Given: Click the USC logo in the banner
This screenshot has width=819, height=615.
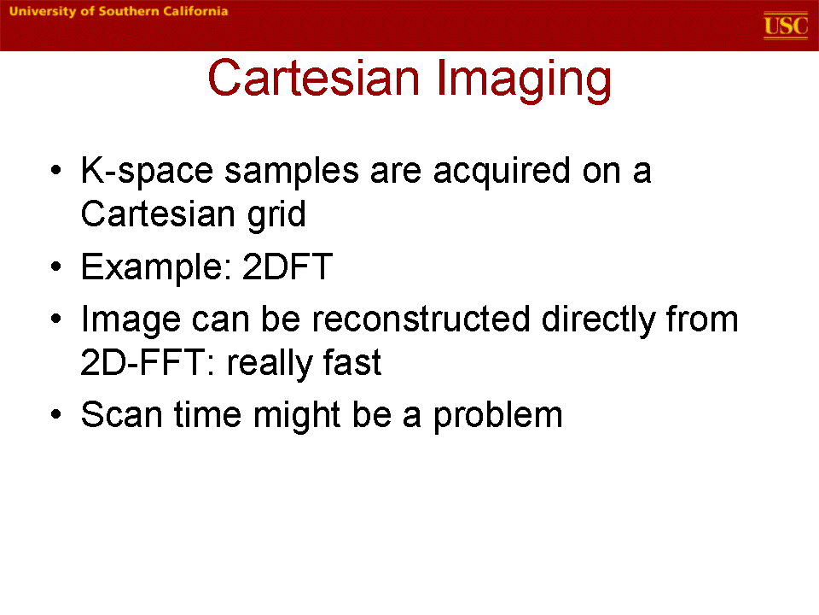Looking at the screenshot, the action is point(786,26).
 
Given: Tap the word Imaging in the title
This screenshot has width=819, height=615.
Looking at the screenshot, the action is point(524,80).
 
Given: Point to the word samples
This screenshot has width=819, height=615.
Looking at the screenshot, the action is point(292,171).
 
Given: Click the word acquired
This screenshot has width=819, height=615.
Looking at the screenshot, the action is point(502,171).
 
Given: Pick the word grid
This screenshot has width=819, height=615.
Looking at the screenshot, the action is point(276,214).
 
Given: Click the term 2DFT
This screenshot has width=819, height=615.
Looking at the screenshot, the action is point(288,266).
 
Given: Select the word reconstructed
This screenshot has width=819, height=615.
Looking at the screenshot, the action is point(421,319).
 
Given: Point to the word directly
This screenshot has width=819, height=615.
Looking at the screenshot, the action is point(598,319).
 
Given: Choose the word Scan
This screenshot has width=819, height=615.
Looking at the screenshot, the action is point(122,415).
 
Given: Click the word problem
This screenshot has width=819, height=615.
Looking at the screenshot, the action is point(497,416).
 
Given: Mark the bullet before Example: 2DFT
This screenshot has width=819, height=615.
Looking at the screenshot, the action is point(56,266).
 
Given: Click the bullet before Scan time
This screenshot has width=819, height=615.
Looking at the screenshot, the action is point(56,415).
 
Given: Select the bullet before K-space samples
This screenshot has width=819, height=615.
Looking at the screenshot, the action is point(56,171).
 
